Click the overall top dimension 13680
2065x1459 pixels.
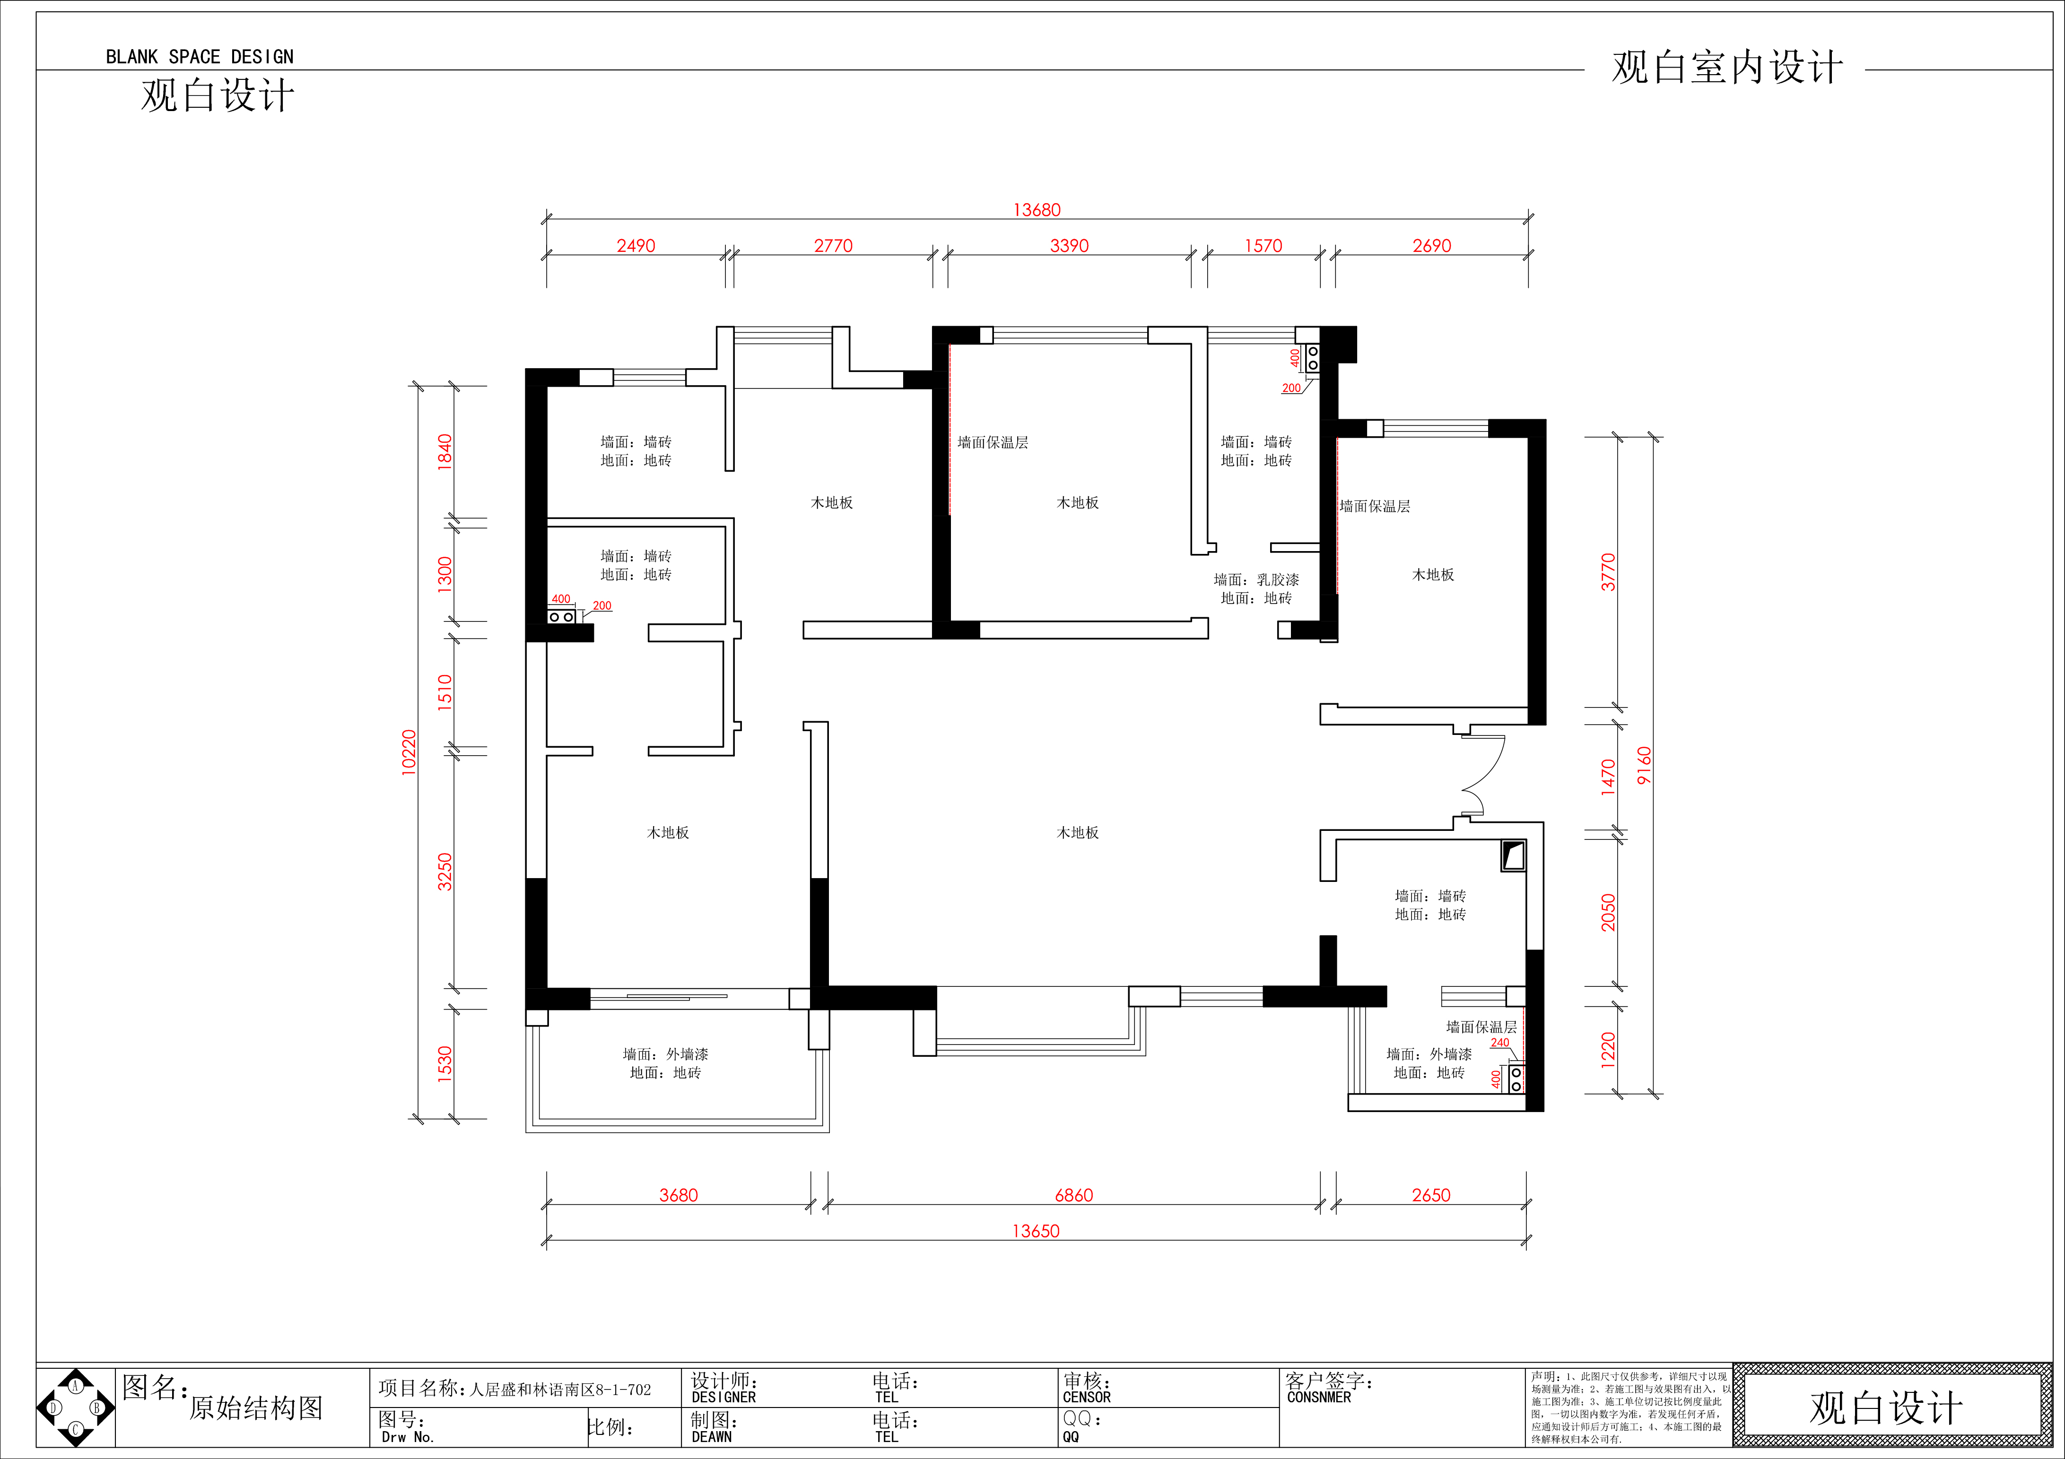(1037, 209)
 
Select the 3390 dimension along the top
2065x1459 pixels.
(1069, 245)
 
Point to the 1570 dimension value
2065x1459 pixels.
(1263, 245)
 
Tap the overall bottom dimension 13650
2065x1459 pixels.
(1036, 1231)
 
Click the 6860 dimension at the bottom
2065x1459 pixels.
(1074, 1195)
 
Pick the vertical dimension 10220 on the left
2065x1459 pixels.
(409, 752)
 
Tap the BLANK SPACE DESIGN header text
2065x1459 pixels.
(200, 57)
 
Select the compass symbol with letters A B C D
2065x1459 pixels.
(76, 1408)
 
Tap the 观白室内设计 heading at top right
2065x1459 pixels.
(1727, 68)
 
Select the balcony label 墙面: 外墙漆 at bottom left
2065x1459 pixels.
(665, 1053)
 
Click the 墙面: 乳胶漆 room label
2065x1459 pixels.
(1256, 580)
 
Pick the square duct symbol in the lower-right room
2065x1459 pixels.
(1514, 856)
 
